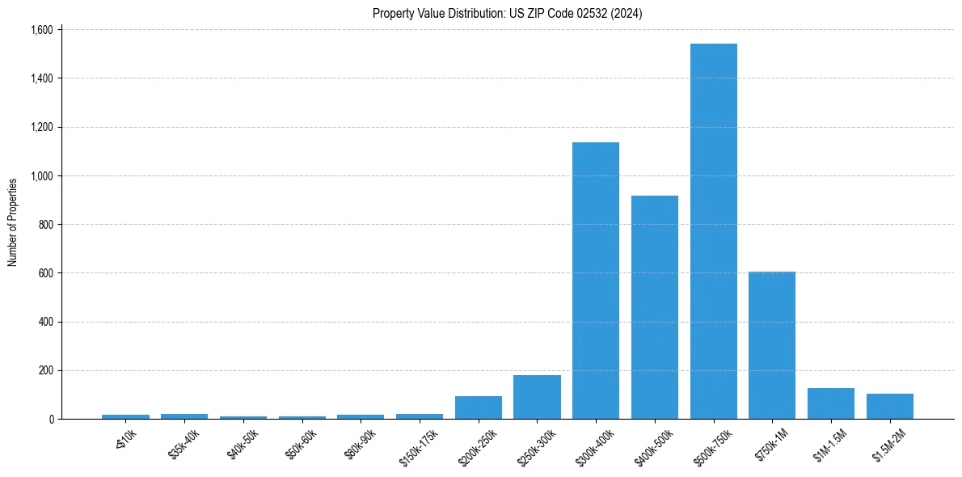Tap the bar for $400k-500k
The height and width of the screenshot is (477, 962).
(x=655, y=307)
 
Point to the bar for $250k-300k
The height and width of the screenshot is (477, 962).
(x=537, y=397)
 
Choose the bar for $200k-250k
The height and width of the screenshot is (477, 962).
(x=479, y=407)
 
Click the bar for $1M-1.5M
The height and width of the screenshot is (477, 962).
(x=831, y=403)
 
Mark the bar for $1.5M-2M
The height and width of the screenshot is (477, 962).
(x=890, y=407)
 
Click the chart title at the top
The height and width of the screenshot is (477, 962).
(x=507, y=14)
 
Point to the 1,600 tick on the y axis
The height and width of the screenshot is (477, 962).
(x=41, y=30)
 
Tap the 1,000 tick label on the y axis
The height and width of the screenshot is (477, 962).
(x=41, y=176)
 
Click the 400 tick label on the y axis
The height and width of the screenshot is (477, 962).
(x=45, y=322)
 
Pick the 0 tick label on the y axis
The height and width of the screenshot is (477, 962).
(x=50, y=420)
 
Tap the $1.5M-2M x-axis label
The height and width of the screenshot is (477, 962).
(x=889, y=444)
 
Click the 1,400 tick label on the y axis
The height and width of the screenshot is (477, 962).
(x=41, y=78)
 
